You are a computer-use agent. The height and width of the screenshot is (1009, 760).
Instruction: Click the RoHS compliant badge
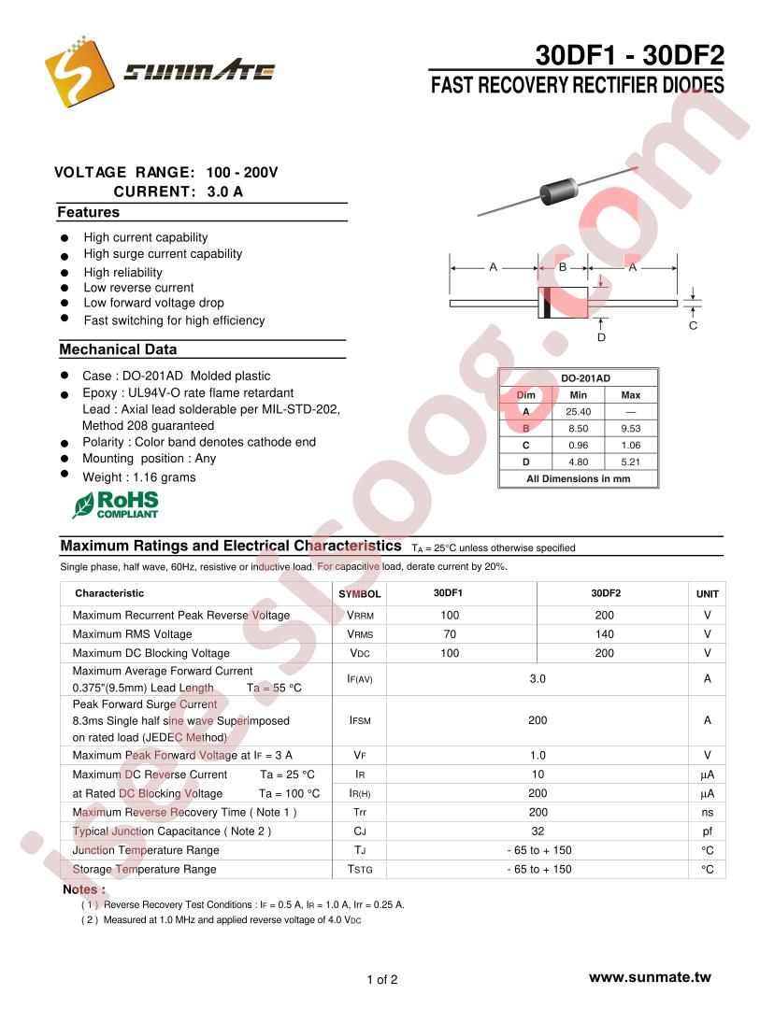[116, 504]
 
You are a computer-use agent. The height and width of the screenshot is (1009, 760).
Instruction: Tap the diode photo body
[563, 191]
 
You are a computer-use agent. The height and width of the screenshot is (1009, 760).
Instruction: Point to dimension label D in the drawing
[601, 337]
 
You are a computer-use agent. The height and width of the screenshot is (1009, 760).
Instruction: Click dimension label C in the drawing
[693, 326]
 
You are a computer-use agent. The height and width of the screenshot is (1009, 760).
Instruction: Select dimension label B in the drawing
[563, 267]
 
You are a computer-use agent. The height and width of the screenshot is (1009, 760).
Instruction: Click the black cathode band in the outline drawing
[545, 304]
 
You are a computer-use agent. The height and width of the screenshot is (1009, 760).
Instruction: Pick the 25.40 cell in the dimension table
[579, 412]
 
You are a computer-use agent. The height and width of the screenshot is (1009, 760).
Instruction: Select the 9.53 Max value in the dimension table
[631, 429]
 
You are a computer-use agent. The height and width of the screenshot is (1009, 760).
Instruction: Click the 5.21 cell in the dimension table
[631, 462]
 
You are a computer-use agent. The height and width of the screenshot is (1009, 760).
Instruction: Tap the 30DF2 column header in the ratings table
[606, 593]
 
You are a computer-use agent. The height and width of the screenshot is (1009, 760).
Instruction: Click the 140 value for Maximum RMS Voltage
[604, 634]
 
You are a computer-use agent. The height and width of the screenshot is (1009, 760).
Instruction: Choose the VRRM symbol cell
[360, 616]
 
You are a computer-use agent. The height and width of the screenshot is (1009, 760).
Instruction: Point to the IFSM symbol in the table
[360, 720]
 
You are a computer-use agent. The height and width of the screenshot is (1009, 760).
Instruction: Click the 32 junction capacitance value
[538, 831]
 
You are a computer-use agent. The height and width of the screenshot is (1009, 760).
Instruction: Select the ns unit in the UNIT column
[708, 812]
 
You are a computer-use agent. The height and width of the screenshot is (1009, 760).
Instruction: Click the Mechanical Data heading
[118, 349]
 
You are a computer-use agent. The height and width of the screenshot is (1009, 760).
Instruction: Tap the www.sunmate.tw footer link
[650, 977]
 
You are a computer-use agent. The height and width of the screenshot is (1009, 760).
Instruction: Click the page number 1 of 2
[382, 980]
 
